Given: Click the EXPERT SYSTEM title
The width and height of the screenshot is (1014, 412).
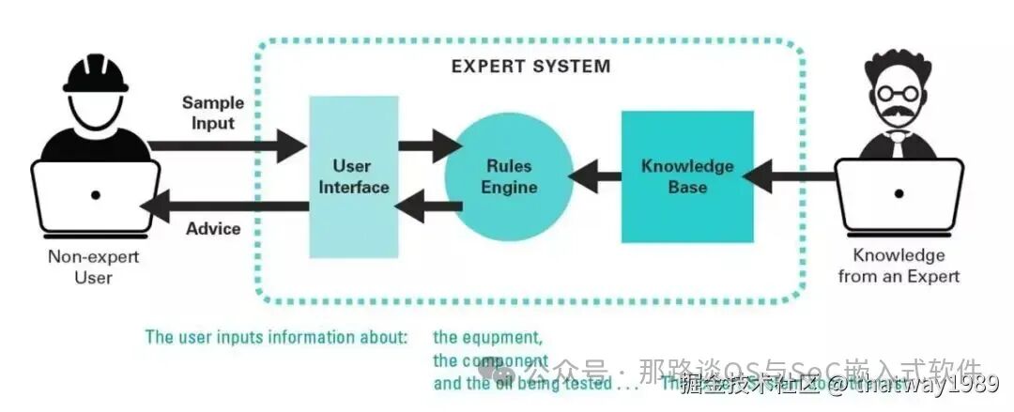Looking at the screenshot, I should [x=530, y=67].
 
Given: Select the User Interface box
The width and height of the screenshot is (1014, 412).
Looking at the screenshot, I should [x=353, y=176].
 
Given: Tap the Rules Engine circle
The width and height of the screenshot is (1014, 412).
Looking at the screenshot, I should [x=509, y=176].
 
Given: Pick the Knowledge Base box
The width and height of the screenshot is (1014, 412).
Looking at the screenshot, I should [x=687, y=176].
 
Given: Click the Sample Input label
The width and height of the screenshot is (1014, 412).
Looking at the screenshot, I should [x=213, y=113].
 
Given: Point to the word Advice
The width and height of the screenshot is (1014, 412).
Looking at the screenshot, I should [x=213, y=229].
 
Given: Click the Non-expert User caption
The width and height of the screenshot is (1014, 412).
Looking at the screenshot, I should [x=94, y=267].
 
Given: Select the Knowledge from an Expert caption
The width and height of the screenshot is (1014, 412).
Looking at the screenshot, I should [x=899, y=266].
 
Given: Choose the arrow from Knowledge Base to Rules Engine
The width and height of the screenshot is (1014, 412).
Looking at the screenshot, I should [x=596, y=174].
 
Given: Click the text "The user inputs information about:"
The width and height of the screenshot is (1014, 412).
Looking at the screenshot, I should [x=276, y=337].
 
